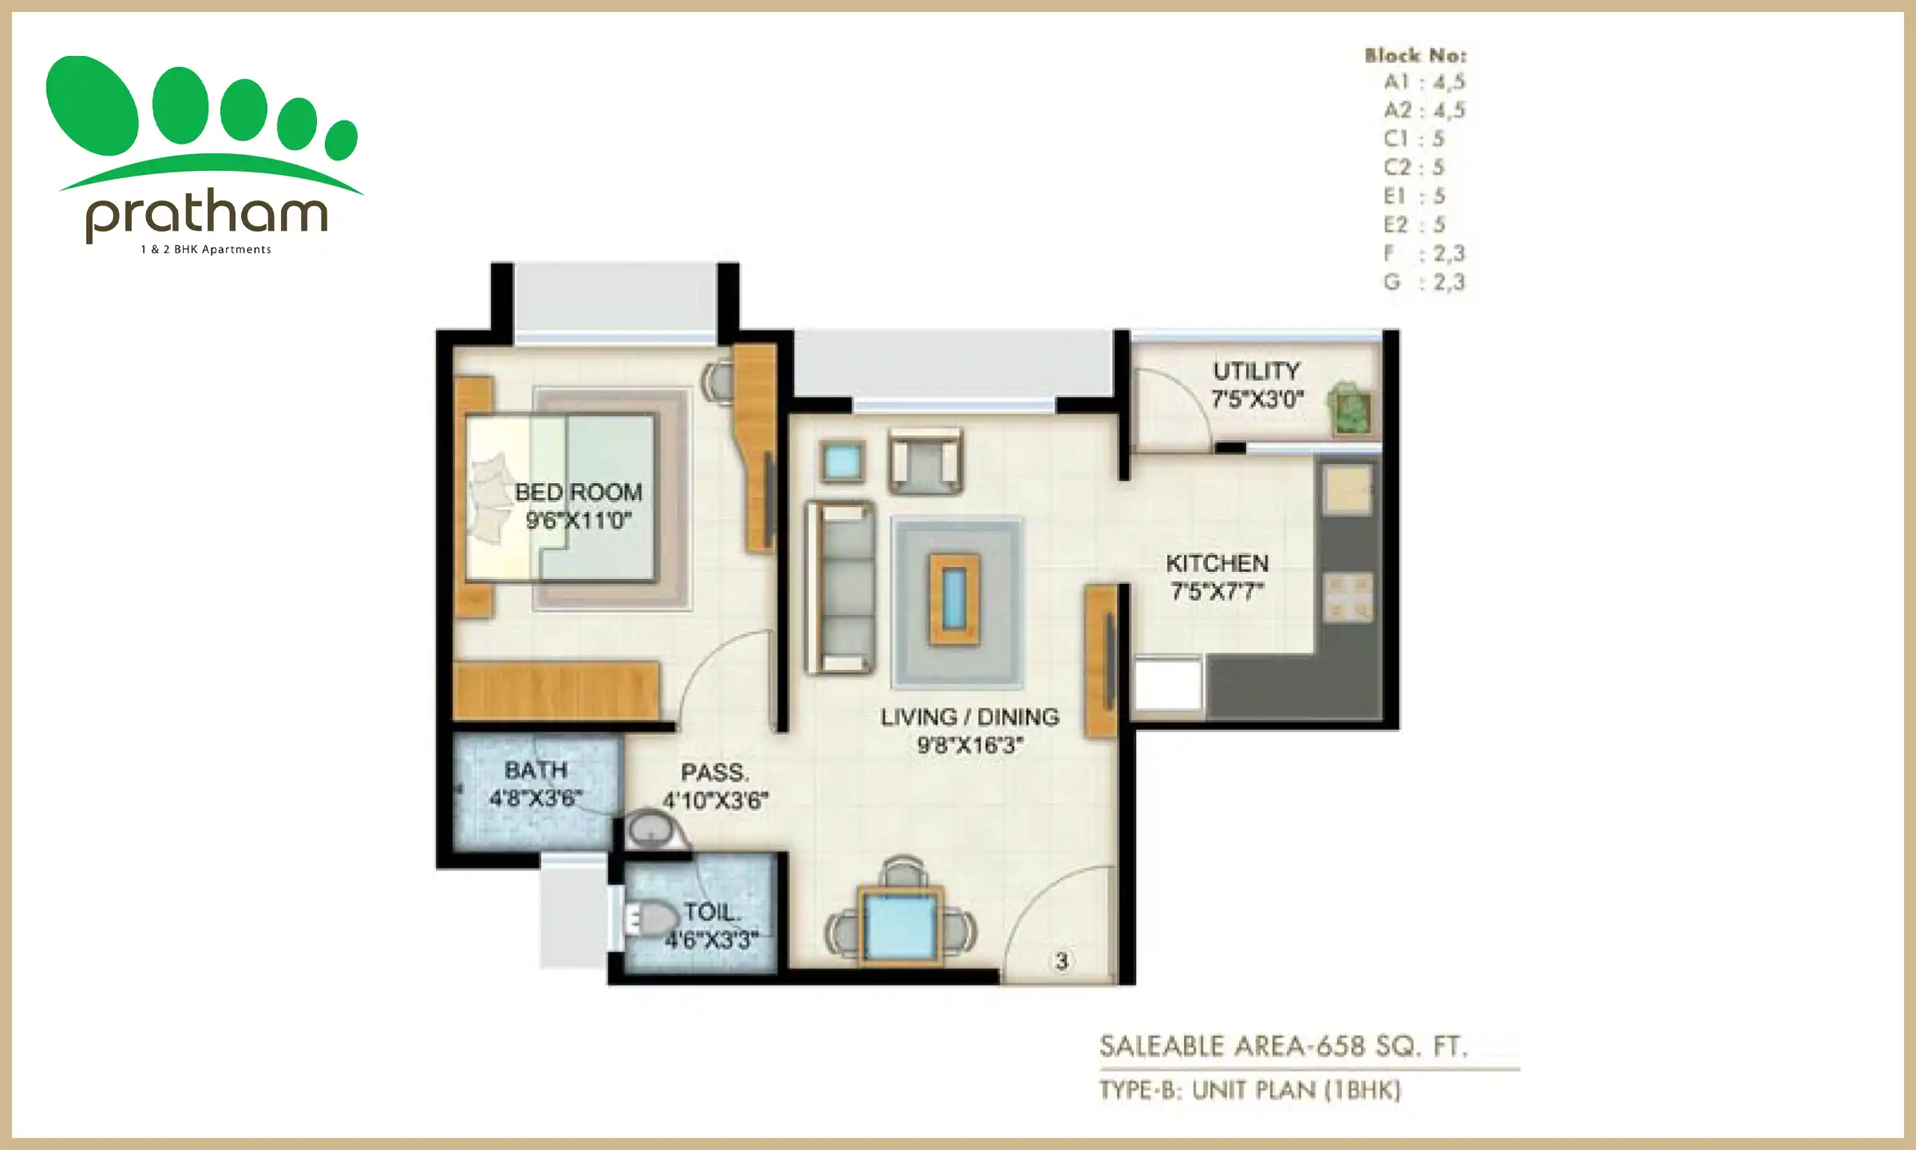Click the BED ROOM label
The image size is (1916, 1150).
coord(578,492)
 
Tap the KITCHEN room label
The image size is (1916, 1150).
coord(1217,563)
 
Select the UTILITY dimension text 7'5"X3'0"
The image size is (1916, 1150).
coord(1257,399)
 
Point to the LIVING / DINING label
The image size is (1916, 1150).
coord(970,717)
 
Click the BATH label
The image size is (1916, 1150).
coord(536,770)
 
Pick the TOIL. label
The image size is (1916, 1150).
coord(712,911)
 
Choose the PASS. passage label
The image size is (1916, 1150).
coord(715,772)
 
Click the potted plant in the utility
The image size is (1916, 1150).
coord(1350,408)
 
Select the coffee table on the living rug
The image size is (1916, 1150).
coord(954,599)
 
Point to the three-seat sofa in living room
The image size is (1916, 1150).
coord(840,588)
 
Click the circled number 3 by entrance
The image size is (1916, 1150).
coord(1061,961)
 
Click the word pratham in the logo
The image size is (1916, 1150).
coord(206,213)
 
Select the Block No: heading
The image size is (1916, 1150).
coord(1415,55)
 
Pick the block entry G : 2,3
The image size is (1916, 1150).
coord(1425,282)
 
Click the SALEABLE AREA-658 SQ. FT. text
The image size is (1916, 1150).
coord(1284,1046)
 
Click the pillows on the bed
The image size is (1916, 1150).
coord(488,500)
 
